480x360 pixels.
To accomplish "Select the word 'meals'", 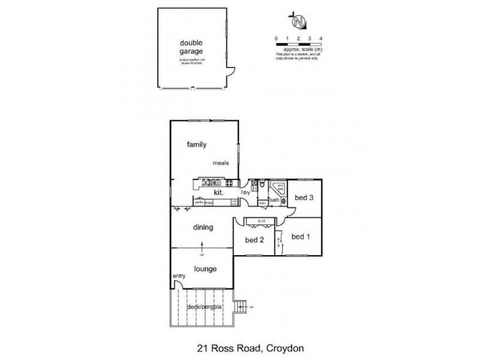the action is [x=220, y=163].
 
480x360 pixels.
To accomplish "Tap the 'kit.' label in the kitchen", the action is [x=219, y=193].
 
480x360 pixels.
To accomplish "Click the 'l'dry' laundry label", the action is [x=245, y=192].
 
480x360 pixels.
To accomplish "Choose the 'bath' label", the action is [x=274, y=200].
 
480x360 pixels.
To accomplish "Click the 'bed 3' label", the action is [x=304, y=199].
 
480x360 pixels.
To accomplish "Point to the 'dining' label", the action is [x=203, y=227].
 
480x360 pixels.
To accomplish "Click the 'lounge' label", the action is [x=205, y=269].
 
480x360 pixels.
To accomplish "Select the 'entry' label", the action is [x=179, y=276].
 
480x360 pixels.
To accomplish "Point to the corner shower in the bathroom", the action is [x=279, y=187].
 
